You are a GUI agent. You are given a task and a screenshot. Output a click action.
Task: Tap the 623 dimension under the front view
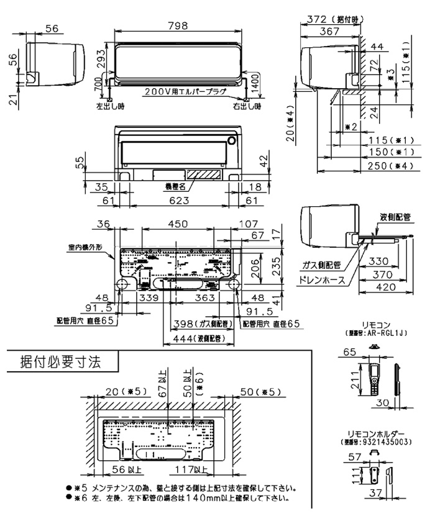(x=180, y=201)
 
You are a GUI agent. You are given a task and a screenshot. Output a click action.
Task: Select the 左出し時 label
(x=110, y=106)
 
